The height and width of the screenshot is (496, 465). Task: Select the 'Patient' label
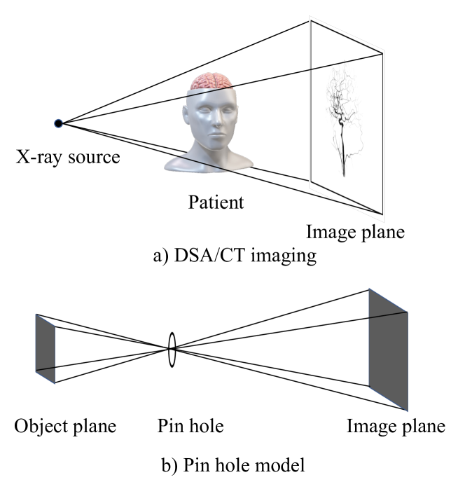pyautogui.click(x=216, y=202)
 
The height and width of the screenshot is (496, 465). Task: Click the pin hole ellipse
pyautogui.click(x=171, y=347)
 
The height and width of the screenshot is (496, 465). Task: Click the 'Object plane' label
pyautogui.click(x=64, y=427)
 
